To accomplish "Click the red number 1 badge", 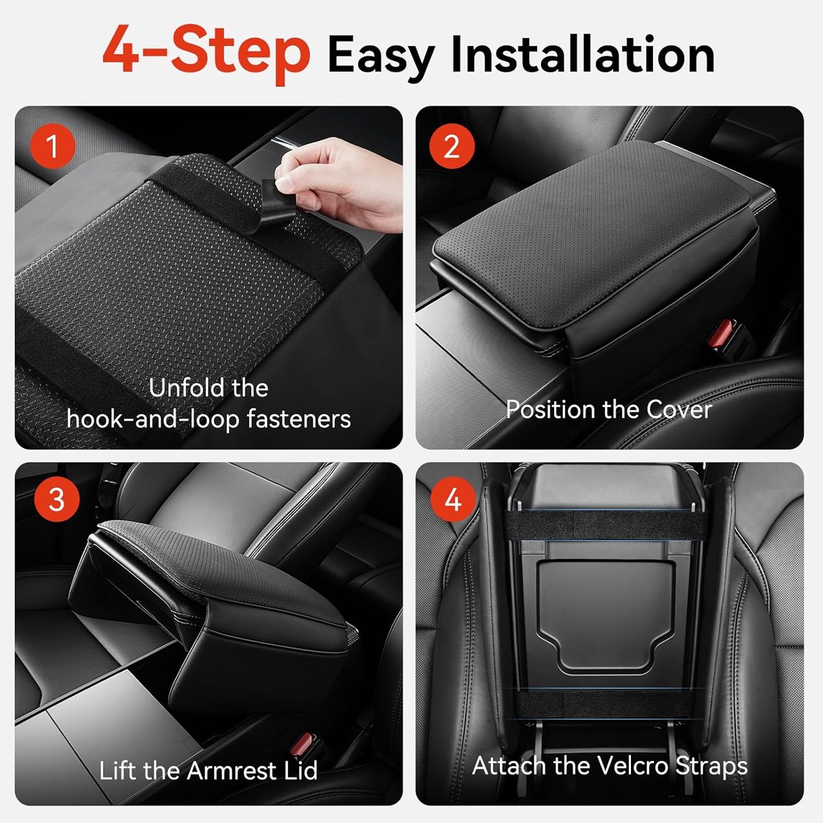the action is pyautogui.click(x=53, y=147).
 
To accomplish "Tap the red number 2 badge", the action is pyautogui.click(x=452, y=147).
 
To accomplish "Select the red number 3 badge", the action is pyautogui.click(x=57, y=499).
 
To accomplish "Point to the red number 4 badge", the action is pyautogui.click(x=453, y=499).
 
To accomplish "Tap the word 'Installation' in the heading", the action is pyautogui.click(x=582, y=55).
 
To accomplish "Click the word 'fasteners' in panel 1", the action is pyautogui.click(x=299, y=419).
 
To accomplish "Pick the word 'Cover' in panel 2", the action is pyautogui.click(x=679, y=410).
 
